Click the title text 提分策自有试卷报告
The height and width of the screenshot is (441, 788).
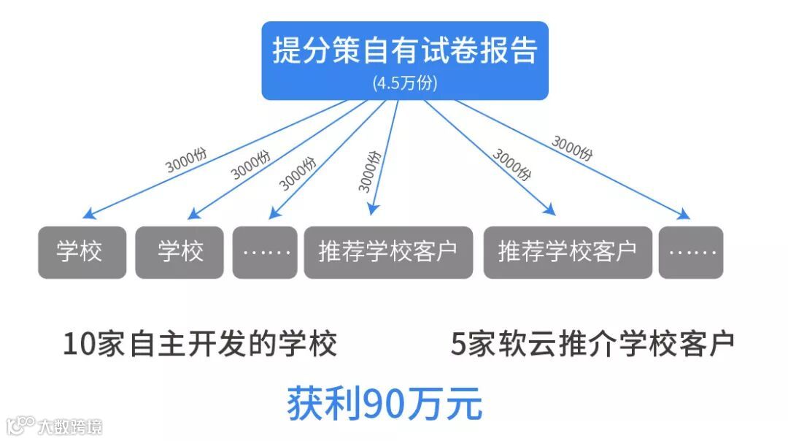click(405, 50)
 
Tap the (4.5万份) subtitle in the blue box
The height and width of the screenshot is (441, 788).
click(405, 83)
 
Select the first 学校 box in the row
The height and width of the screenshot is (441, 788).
click(82, 252)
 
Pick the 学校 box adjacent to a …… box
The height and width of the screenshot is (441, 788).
click(179, 252)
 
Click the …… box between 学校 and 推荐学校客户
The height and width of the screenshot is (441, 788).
click(265, 252)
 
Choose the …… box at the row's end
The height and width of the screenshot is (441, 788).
click(691, 252)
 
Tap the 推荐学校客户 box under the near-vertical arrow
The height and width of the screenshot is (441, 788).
click(387, 252)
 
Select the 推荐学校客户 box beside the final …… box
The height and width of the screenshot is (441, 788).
click(568, 252)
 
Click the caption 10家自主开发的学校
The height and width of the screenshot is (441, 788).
click(200, 344)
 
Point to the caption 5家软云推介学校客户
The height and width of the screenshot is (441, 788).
click(592, 344)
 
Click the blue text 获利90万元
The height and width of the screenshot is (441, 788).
click(385, 404)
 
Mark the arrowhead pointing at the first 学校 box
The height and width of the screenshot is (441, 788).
click(87, 215)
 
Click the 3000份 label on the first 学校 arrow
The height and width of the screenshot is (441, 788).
click(185, 158)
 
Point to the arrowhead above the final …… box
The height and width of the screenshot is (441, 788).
click(684, 215)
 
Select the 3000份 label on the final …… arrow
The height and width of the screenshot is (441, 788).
click(571, 148)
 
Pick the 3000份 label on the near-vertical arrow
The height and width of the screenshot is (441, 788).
click(370, 171)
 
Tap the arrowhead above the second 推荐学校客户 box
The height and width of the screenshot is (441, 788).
click(549, 210)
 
